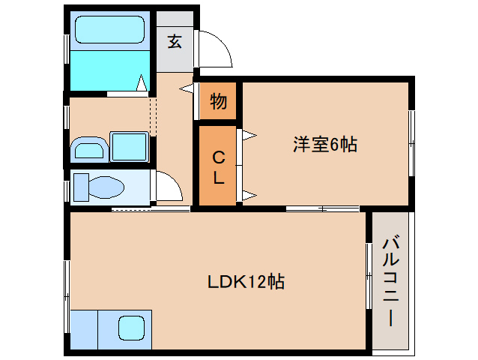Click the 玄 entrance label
pyautogui.click(x=175, y=42)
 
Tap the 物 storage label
pyautogui.click(x=218, y=100)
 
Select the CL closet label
pyautogui.click(x=218, y=167)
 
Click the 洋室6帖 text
pyautogui.click(x=324, y=145)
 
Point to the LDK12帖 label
pyautogui.click(x=246, y=282)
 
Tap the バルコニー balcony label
pyautogui.click(x=390, y=280)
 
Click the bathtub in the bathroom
pyautogui.click(x=111, y=31)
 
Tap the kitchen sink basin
pyautogui.click(x=131, y=328)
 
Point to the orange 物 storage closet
pyautogui.click(x=218, y=100)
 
